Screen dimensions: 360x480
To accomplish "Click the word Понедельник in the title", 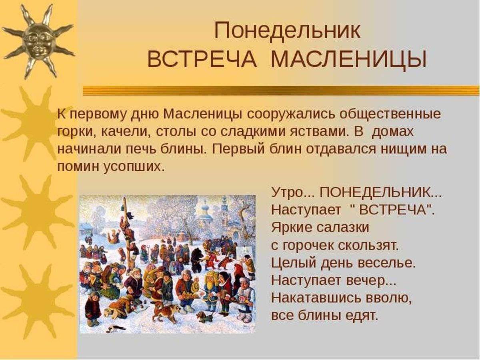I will click(x=287, y=31).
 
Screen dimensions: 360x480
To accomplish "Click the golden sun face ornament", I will click(x=38, y=40).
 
